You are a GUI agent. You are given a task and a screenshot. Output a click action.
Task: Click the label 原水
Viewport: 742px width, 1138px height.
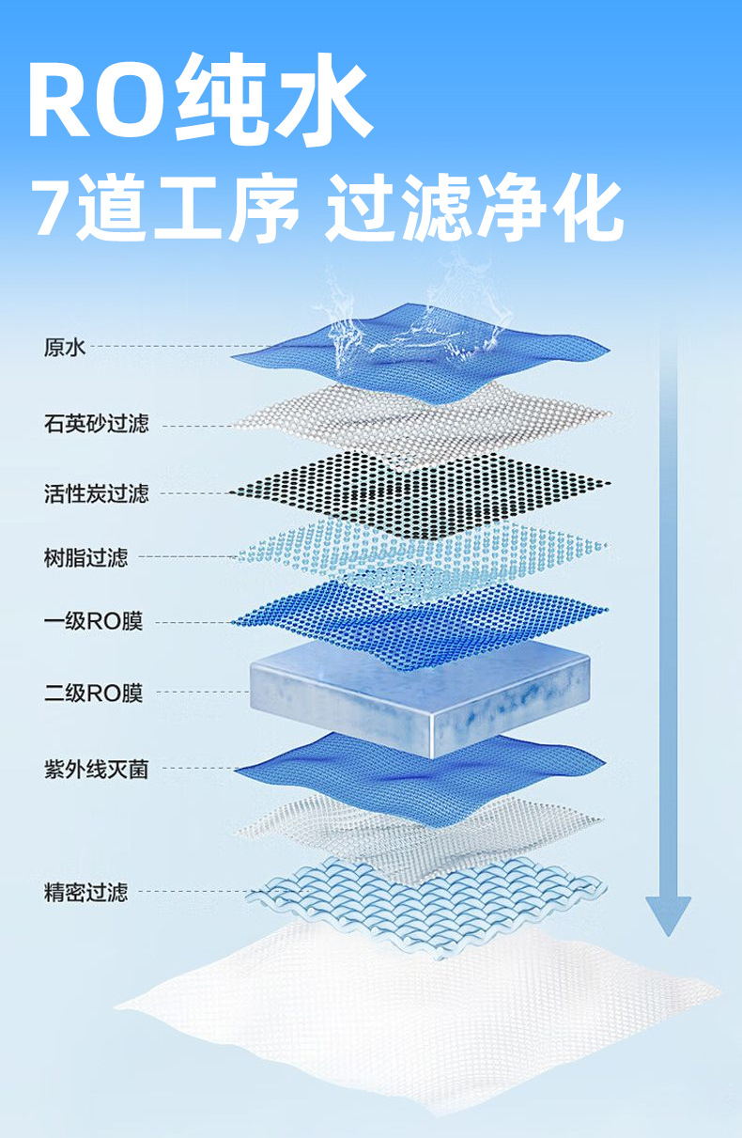65,348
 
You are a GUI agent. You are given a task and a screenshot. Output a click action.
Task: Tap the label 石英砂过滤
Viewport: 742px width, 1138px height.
96,424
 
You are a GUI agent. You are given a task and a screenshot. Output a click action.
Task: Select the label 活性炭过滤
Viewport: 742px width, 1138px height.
96,493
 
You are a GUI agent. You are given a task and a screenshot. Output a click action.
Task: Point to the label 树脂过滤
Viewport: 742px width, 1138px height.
85,557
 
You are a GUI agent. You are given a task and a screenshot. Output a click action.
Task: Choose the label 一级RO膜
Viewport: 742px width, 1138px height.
93,621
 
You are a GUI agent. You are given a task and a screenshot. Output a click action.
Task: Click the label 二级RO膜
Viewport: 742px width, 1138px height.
93,694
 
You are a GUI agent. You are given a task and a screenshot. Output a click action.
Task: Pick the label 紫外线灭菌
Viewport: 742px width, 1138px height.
96,770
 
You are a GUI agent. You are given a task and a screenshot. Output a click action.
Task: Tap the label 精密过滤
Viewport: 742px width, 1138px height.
85,892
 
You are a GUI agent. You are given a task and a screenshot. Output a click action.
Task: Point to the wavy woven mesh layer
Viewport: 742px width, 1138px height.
423,897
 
